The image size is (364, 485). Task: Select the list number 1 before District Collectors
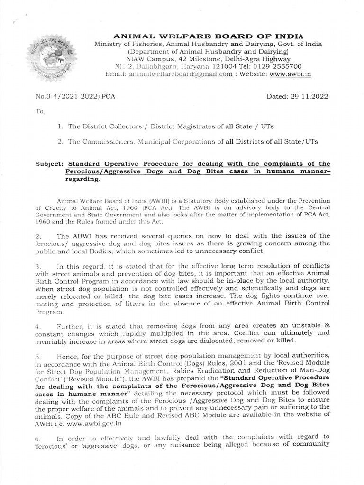(60, 127)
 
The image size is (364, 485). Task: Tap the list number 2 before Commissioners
(60, 142)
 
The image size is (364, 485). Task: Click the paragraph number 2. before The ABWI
(38, 235)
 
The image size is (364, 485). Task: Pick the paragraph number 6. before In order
(38, 437)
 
